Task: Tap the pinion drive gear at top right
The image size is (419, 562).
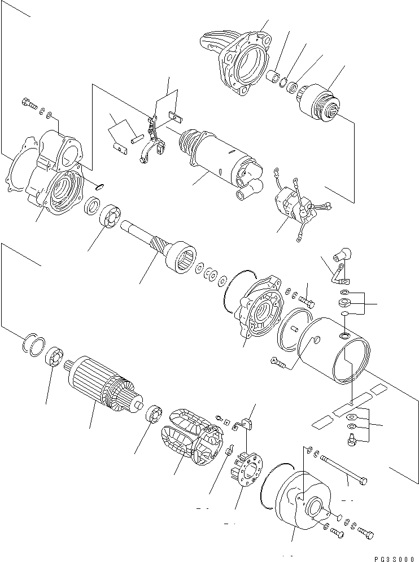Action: (321, 102)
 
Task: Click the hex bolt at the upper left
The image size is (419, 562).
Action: (27, 103)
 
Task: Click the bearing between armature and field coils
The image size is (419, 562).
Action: (154, 416)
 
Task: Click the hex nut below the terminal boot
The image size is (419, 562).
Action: (344, 303)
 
